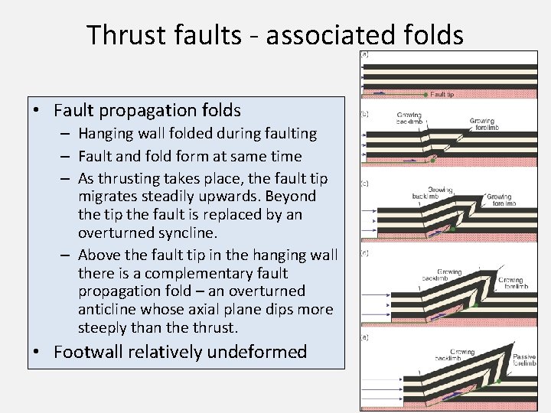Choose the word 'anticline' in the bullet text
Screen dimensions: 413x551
coord(109,310)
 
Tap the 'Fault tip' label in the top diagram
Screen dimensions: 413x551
coord(442,95)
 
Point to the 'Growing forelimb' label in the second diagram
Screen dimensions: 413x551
coord(482,124)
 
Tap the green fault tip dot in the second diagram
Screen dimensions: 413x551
coord(433,161)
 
